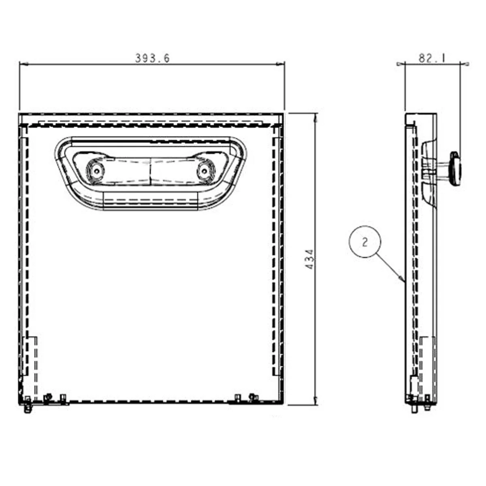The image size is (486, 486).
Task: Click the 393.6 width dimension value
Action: tap(152, 58)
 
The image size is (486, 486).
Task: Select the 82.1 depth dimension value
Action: tap(431, 58)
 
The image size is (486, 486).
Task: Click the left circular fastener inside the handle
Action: tap(96, 171)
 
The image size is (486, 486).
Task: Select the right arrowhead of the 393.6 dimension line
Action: tap(280, 64)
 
